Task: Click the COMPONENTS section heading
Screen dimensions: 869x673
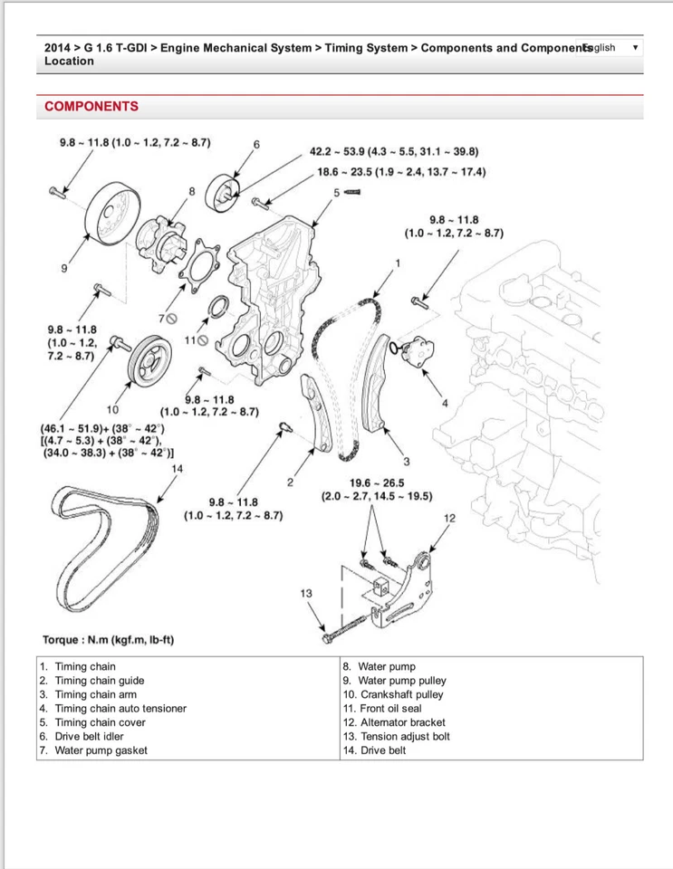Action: tap(91, 107)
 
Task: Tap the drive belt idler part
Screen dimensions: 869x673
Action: tap(224, 191)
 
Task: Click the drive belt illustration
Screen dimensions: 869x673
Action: tap(100, 543)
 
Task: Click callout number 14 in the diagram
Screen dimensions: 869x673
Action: tap(177, 468)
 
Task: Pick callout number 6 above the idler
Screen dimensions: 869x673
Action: tap(256, 144)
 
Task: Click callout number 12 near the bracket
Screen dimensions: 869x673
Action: tap(450, 517)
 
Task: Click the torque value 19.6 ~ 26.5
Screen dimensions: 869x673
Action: tap(377, 482)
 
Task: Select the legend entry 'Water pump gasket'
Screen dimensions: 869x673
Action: tap(101, 750)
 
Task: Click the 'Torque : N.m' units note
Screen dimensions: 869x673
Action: tap(108, 640)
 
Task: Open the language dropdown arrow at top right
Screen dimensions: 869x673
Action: tap(635, 47)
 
